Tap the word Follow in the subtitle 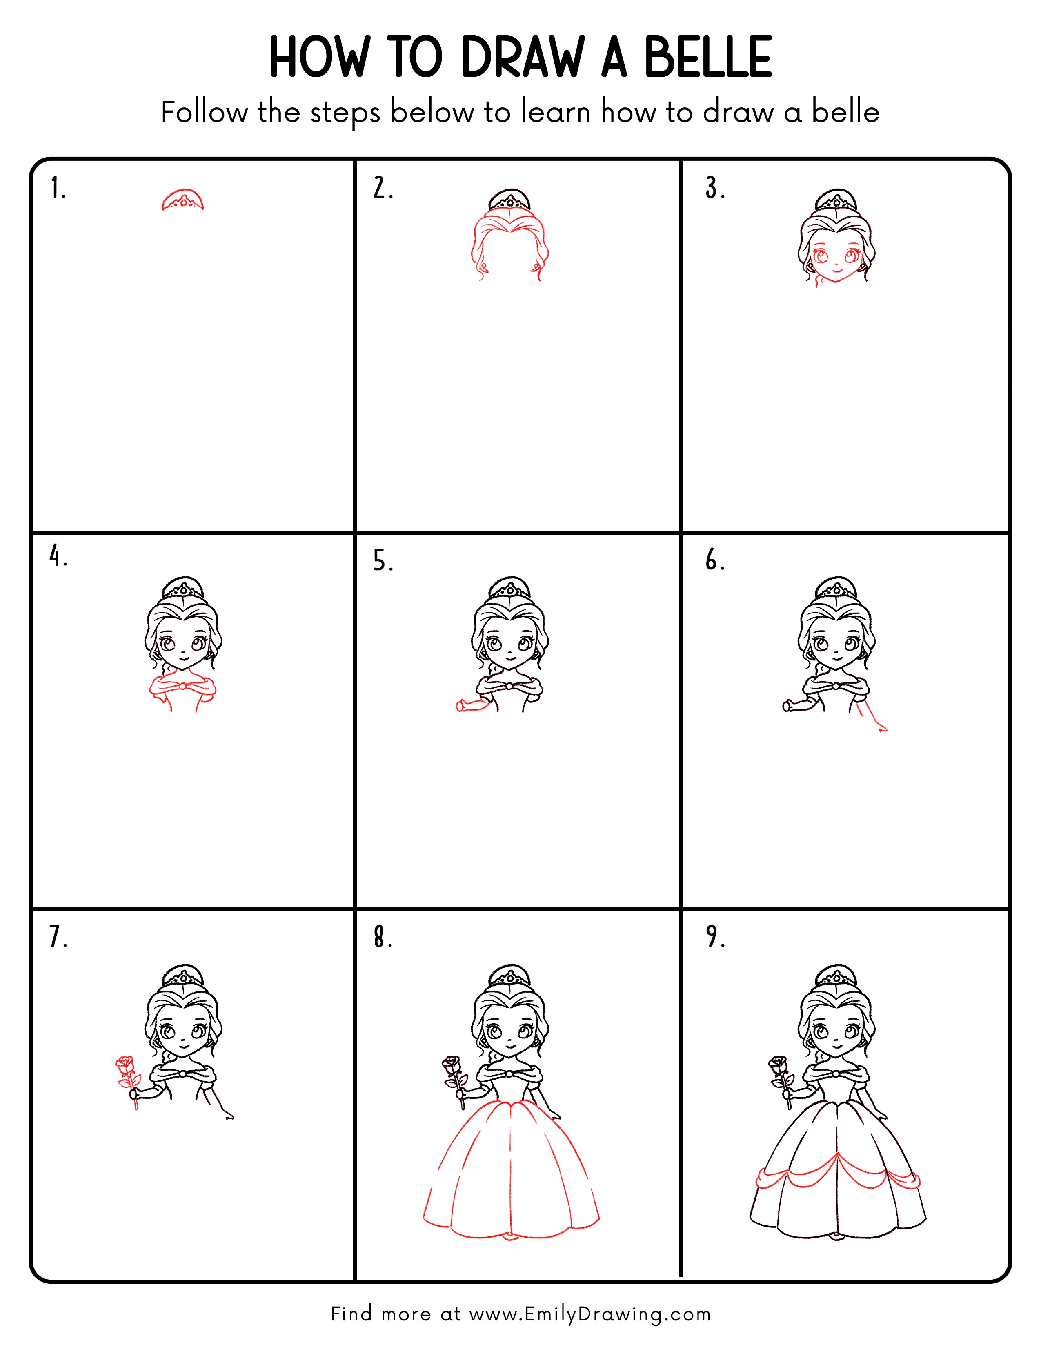(x=204, y=112)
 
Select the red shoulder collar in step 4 (x=182, y=688)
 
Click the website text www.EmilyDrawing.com (x=589, y=1314)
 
